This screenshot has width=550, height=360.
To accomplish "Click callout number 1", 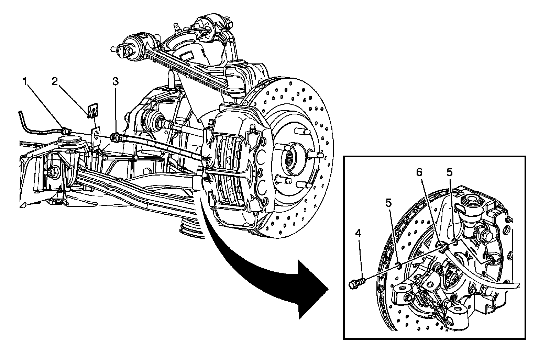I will tap(24, 81).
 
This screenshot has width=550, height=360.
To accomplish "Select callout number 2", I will tap(55, 81).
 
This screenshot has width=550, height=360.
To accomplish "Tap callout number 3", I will tap(115, 81).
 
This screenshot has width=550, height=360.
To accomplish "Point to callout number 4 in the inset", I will tap(359, 234).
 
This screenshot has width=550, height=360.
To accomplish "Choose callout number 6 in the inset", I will tap(419, 172).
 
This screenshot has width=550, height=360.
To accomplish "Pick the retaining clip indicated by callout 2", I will tap(92, 112).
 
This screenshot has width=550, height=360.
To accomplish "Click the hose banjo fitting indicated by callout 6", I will tap(442, 247).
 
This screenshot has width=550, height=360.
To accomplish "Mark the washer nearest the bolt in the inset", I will tap(398, 265).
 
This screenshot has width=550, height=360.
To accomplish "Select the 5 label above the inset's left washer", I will tap(388, 203).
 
